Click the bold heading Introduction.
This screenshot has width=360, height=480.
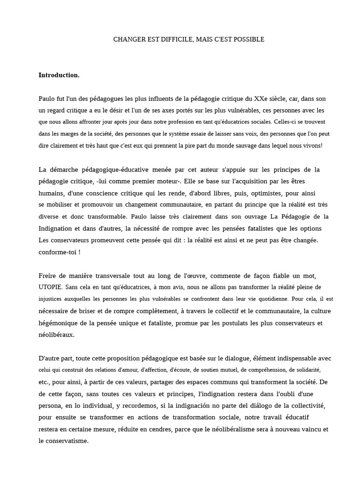(x=59, y=75)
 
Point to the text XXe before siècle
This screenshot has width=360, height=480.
(x=262, y=99)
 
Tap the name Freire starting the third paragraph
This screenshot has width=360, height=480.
(x=48, y=275)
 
